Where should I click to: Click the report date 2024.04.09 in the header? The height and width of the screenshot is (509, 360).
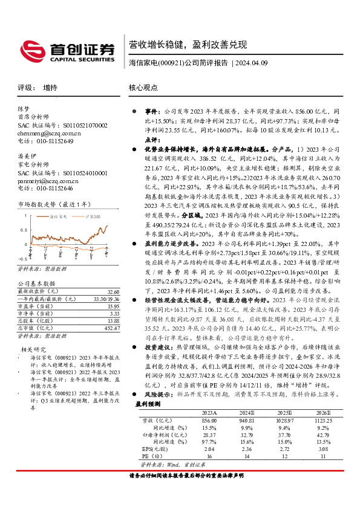pyautogui.click(x=250, y=63)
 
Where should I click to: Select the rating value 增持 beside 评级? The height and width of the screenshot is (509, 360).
pyautogui.click(x=51, y=87)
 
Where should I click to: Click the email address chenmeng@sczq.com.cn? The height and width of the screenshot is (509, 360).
pyautogui.click(x=49, y=133)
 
